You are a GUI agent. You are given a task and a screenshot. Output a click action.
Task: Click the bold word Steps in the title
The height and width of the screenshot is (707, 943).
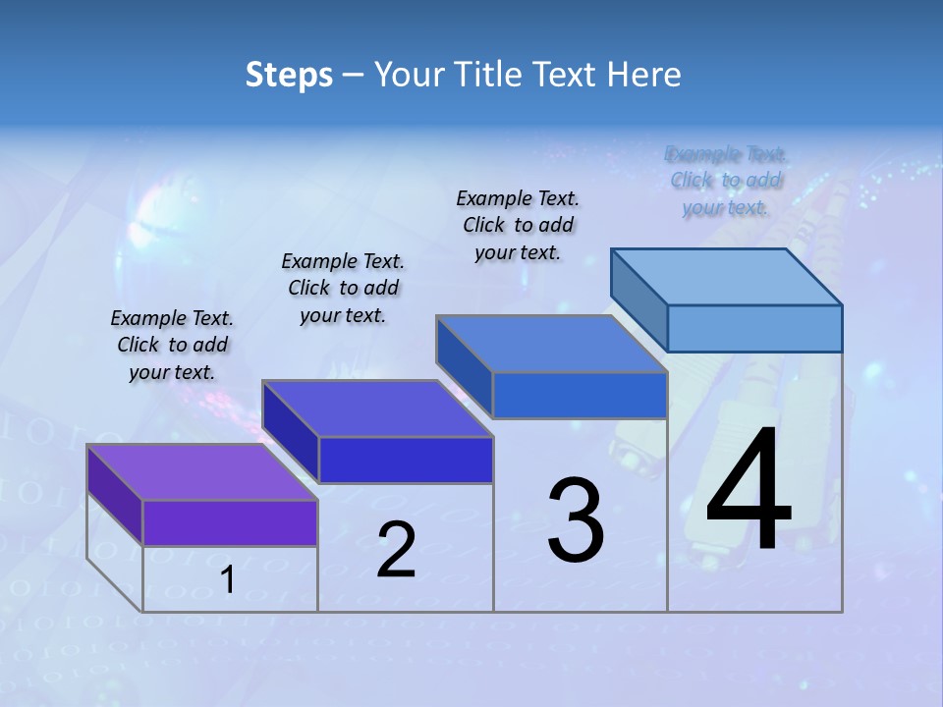(x=288, y=75)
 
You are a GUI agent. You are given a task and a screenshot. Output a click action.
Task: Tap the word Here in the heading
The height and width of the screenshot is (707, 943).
(x=644, y=75)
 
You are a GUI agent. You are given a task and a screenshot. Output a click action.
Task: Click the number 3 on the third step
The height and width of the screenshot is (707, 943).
(x=576, y=520)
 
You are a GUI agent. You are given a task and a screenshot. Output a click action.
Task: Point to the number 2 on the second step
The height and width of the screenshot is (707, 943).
(x=396, y=550)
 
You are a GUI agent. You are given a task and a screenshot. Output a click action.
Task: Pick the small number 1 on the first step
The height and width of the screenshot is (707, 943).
(x=228, y=580)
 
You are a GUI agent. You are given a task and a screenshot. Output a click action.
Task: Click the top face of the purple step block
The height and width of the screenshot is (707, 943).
(x=201, y=472)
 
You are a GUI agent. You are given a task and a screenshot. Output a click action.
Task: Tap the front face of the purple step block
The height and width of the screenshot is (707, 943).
(x=230, y=522)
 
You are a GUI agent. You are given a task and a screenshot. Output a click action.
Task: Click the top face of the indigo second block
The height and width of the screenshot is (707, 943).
(x=377, y=408)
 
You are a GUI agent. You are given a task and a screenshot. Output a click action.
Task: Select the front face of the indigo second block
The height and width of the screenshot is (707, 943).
(x=406, y=460)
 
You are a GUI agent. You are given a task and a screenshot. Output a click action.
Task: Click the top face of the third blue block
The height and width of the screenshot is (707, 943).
(x=551, y=344)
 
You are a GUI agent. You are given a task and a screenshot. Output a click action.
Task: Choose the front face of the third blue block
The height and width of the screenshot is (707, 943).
(x=580, y=395)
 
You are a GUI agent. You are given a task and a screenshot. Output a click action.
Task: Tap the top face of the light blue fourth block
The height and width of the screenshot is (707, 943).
(x=726, y=277)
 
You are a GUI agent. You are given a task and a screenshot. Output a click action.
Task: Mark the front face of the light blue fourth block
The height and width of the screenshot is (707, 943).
(x=754, y=328)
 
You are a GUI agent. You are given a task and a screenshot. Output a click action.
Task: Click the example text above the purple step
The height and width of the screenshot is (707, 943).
(x=172, y=345)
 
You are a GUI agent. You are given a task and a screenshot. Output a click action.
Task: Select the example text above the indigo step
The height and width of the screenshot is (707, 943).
(x=343, y=288)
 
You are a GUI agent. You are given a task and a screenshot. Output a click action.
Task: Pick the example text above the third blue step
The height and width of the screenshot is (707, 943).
(x=518, y=225)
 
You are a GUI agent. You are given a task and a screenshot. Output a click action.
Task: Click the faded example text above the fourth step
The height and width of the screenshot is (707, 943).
(x=726, y=181)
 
